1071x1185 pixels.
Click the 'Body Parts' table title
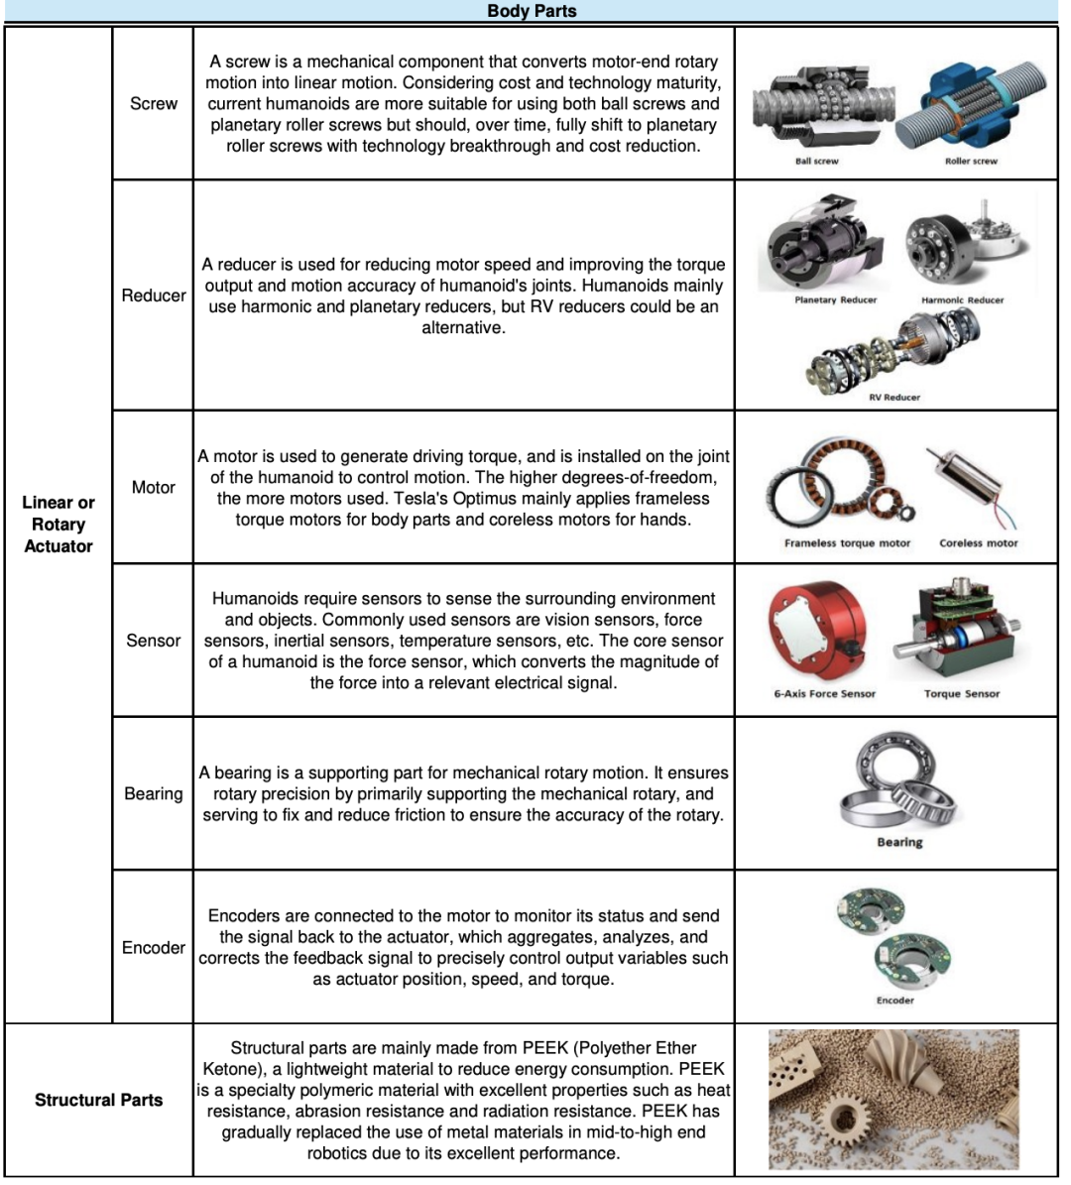pyautogui.click(x=532, y=11)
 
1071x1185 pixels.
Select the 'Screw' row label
pyautogui.click(x=154, y=103)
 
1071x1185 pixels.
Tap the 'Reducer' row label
pyautogui.click(x=154, y=296)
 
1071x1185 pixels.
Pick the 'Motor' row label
pyautogui.click(x=154, y=487)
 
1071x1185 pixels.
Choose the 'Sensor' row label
pyautogui.click(x=154, y=641)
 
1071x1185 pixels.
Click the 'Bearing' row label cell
pyautogui.click(x=154, y=793)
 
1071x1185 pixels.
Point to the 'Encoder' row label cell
pyautogui.click(x=154, y=947)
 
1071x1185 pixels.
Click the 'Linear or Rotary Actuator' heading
pyautogui.click(x=59, y=524)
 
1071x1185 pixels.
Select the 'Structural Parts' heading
pyautogui.click(x=98, y=1100)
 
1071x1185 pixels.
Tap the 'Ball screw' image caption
pyautogui.click(x=816, y=161)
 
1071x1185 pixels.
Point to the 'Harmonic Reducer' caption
pyautogui.click(x=962, y=299)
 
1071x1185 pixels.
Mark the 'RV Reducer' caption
pyautogui.click(x=894, y=397)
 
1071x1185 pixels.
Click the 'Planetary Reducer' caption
pyautogui.click(x=835, y=299)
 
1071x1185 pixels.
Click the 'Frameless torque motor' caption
pyautogui.click(x=847, y=543)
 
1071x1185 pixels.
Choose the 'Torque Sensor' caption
pyautogui.click(x=962, y=693)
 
